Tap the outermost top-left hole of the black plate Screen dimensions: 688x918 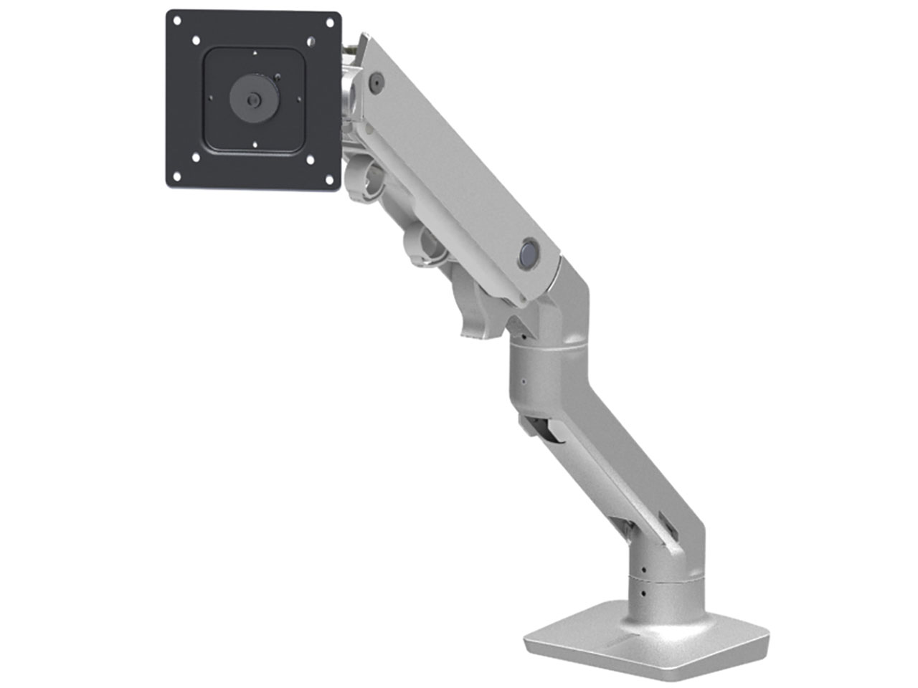coord(180,22)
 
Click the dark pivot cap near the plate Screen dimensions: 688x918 coord(374,82)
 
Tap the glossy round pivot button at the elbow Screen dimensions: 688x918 coord(529,254)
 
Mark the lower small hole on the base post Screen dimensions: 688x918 coord(643,594)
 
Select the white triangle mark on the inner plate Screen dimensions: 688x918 coord(255,53)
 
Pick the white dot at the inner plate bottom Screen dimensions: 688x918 coord(255,145)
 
